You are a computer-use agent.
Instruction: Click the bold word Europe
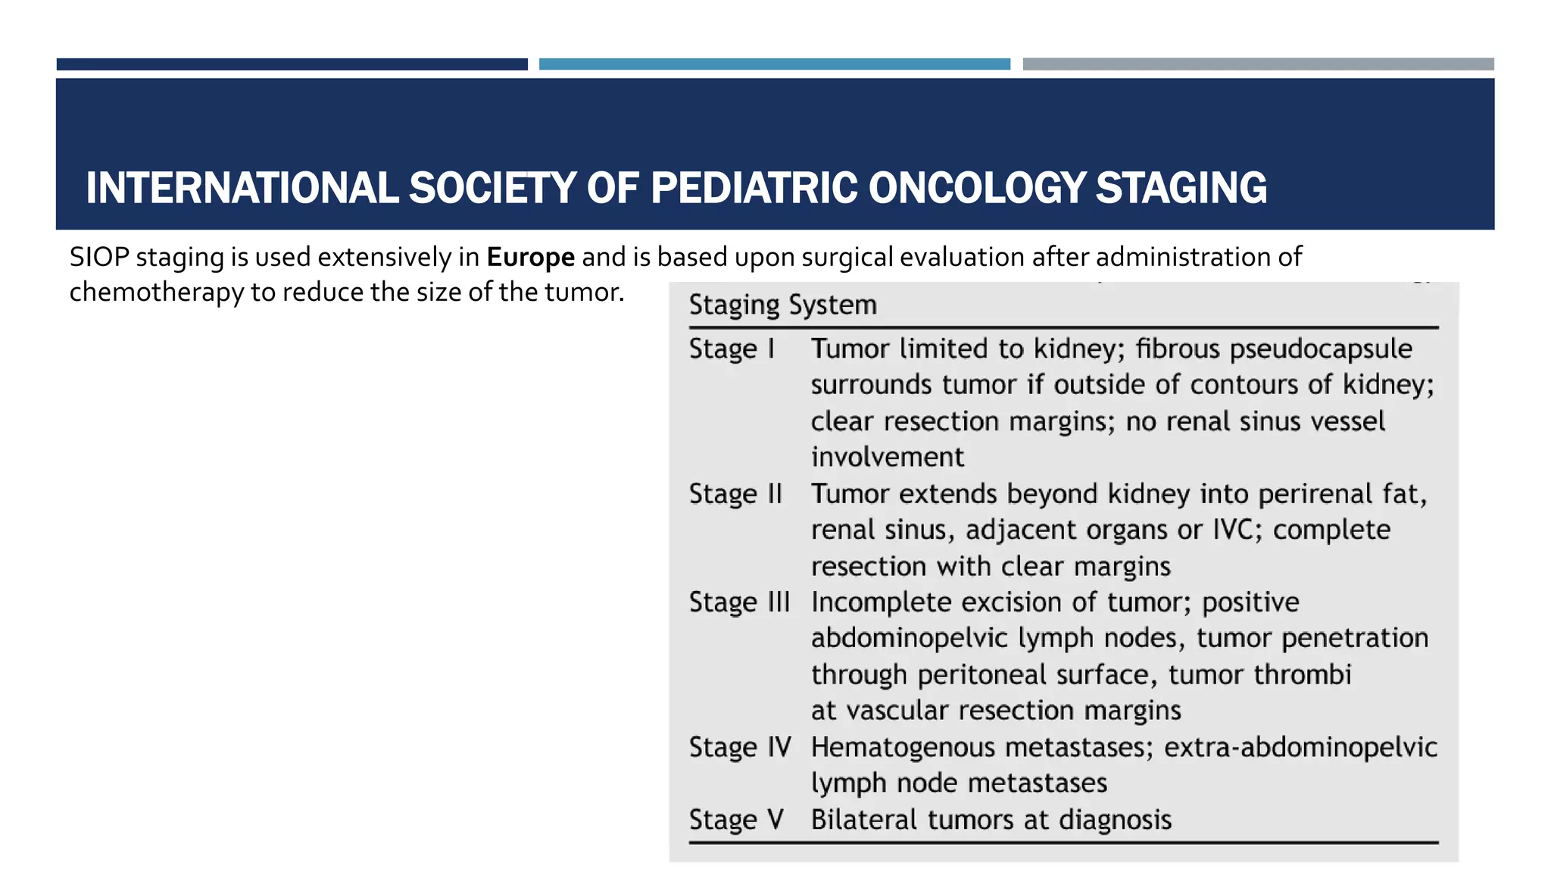[x=530, y=258]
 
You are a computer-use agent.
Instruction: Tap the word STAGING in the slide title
[x=1181, y=189]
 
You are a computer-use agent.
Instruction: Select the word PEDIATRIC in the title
[x=754, y=189]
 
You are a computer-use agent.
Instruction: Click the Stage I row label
[x=732, y=349]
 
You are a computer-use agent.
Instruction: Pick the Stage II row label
[x=735, y=494]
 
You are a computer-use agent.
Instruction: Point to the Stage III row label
[x=739, y=602]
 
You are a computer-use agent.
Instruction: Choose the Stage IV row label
[x=740, y=748]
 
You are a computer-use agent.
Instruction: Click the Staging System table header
[x=782, y=305]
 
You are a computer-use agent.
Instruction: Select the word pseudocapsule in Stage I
[x=1321, y=349]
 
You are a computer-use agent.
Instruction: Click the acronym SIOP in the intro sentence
[x=99, y=258]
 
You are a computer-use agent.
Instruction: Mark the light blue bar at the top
[x=774, y=64]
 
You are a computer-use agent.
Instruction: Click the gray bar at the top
[x=1258, y=64]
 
